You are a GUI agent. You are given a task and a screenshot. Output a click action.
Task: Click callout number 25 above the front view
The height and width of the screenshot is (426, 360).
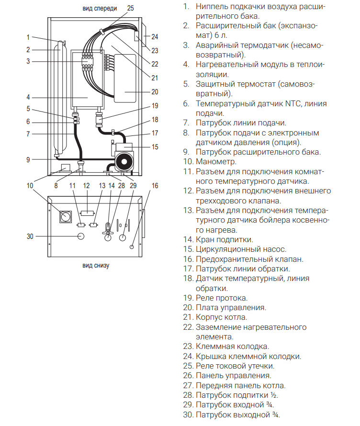click(x=130, y=8)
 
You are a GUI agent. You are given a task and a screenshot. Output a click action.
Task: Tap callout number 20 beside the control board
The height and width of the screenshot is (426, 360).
click(x=155, y=92)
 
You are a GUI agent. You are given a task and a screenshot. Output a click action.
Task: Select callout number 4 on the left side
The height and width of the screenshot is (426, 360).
click(x=28, y=97)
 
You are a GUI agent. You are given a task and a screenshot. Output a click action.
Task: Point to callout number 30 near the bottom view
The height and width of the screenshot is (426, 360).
click(x=30, y=236)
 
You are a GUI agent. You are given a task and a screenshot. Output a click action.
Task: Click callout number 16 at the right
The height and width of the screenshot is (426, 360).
click(x=155, y=186)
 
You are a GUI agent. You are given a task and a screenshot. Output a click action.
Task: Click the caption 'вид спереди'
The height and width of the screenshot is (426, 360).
click(x=100, y=9)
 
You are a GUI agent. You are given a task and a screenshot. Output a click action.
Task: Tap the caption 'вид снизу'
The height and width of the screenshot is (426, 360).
click(x=96, y=266)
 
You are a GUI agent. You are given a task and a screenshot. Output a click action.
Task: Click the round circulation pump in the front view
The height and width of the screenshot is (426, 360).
click(x=124, y=162)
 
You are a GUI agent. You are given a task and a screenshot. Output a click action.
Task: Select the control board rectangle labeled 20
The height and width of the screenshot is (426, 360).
click(x=125, y=78)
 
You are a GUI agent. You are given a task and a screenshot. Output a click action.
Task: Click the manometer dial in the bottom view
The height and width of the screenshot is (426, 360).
click(x=66, y=216)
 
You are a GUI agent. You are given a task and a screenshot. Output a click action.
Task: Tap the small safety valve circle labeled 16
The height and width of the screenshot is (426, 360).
click(x=132, y=247)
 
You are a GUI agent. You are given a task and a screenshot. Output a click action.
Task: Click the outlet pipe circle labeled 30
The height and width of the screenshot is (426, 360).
click(x=81, y=236)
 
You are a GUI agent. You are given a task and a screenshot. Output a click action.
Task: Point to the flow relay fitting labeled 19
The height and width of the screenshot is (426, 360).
click(x=100, y=120)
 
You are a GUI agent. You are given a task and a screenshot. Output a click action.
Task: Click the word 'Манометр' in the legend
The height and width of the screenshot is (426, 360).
click(x=216, y=162)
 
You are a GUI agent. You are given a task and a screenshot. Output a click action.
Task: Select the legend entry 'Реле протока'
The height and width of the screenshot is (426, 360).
click(x=222, y=298)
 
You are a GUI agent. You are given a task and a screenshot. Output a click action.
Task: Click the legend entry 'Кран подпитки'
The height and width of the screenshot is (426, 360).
click(x=225, y=240)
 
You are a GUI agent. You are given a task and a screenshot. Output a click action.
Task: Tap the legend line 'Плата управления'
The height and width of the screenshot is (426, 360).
click(x=231, y=308)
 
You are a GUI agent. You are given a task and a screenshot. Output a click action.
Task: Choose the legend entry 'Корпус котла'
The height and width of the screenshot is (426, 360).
click(x=222, y=317)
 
